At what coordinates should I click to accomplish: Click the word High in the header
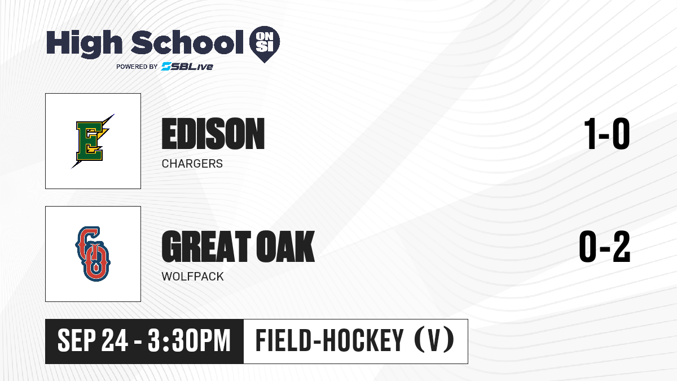[84, 44]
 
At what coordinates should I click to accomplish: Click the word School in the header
[187, 42]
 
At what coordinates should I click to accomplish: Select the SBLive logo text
[187, 66]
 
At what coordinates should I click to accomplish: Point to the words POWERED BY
[137, 67]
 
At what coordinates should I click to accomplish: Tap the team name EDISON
[213, 134]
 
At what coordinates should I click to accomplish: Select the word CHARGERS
[192, 164]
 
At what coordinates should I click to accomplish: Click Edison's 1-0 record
[607, 134]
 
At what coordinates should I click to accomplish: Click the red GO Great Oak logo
[93, 254]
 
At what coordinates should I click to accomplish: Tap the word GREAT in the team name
[206, 247]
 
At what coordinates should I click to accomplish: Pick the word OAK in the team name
[286, 247]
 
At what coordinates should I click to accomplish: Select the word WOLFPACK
[192, 277]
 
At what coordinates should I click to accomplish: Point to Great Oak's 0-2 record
[605, 247]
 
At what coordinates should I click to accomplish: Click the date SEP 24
[93, 340]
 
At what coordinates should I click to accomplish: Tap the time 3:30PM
[189, 340]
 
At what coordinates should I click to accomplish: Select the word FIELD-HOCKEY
[329, 340]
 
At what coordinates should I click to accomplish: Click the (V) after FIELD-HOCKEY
[434, 340]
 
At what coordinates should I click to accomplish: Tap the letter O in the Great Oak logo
[96, 264]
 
